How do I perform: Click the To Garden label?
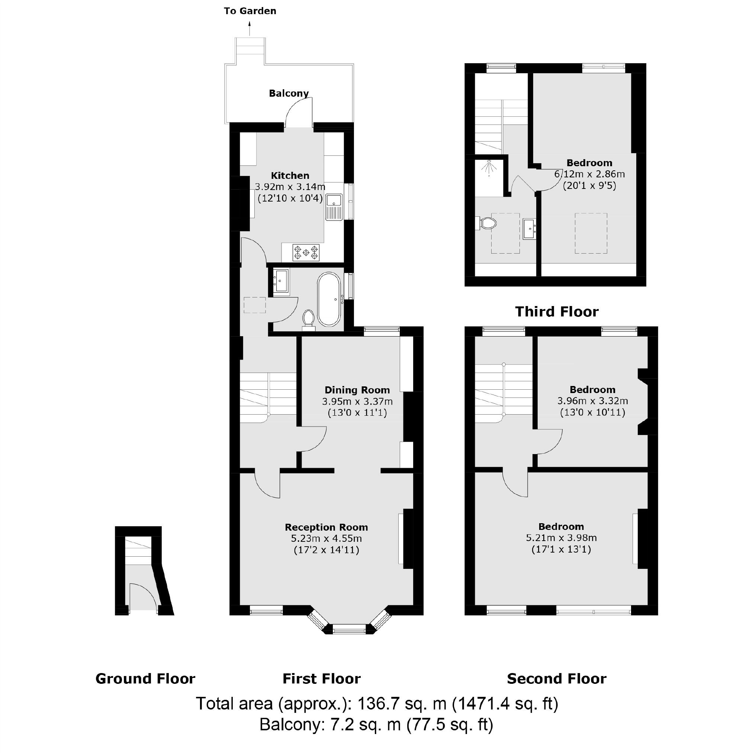click(250, 11)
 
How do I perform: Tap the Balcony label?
click(289, 93)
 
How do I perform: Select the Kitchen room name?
click(290, 176)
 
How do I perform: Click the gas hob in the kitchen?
click(306, 252)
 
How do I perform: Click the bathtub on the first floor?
click(329, 299)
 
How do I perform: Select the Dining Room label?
click(357, 390)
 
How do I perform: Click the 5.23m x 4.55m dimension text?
click(326, 539)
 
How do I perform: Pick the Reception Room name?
click(326, 527)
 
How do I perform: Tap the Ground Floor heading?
click(145, 679)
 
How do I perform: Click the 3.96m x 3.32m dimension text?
click(592, 400)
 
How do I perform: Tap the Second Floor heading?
click(557, 679)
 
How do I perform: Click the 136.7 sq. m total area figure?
click(402, 704)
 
